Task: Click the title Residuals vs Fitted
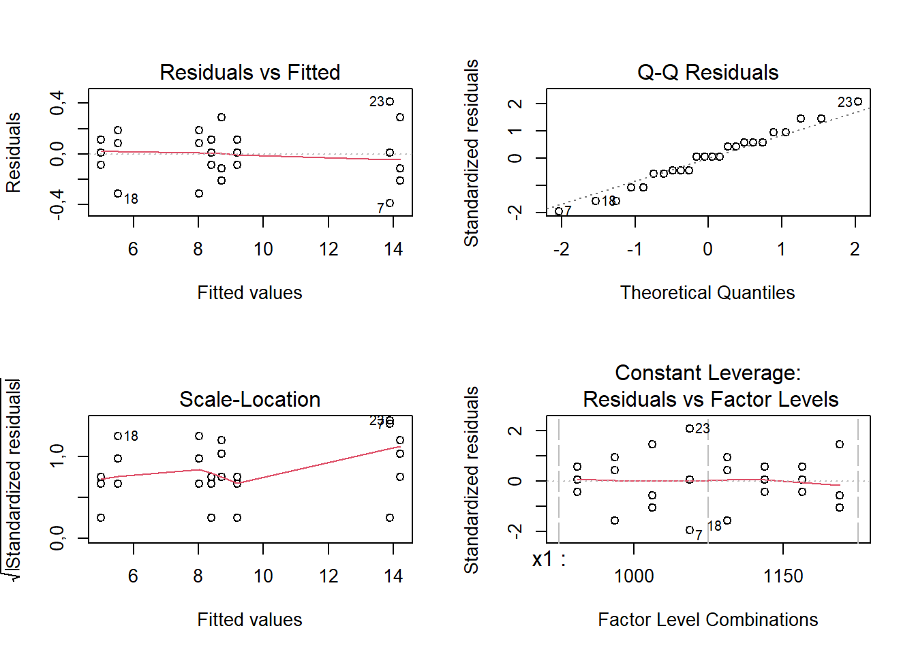(249, 72)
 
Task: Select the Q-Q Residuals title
(707, 72)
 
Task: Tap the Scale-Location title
(249, 399)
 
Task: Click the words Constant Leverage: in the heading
(707, 373)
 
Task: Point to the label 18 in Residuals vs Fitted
(131, 199)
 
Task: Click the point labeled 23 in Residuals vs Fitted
(390, 102)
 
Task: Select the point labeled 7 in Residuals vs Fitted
(390, 203)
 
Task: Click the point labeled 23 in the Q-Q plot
(858, 102)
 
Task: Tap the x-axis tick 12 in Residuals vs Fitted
(329, 249)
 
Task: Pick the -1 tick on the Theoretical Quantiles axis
(634, 249)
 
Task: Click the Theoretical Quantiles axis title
(707, 293)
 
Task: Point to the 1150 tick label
(783, 576)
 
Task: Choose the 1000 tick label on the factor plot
(634, 576)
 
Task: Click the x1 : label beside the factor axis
(549, 560)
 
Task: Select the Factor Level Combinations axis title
(707, 620)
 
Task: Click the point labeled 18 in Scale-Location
(118, 436)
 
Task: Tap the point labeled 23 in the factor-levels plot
(690, 429)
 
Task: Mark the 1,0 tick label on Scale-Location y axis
(57, 455)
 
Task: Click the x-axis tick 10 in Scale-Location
(263, 576)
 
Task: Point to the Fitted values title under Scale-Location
(249, 620)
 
